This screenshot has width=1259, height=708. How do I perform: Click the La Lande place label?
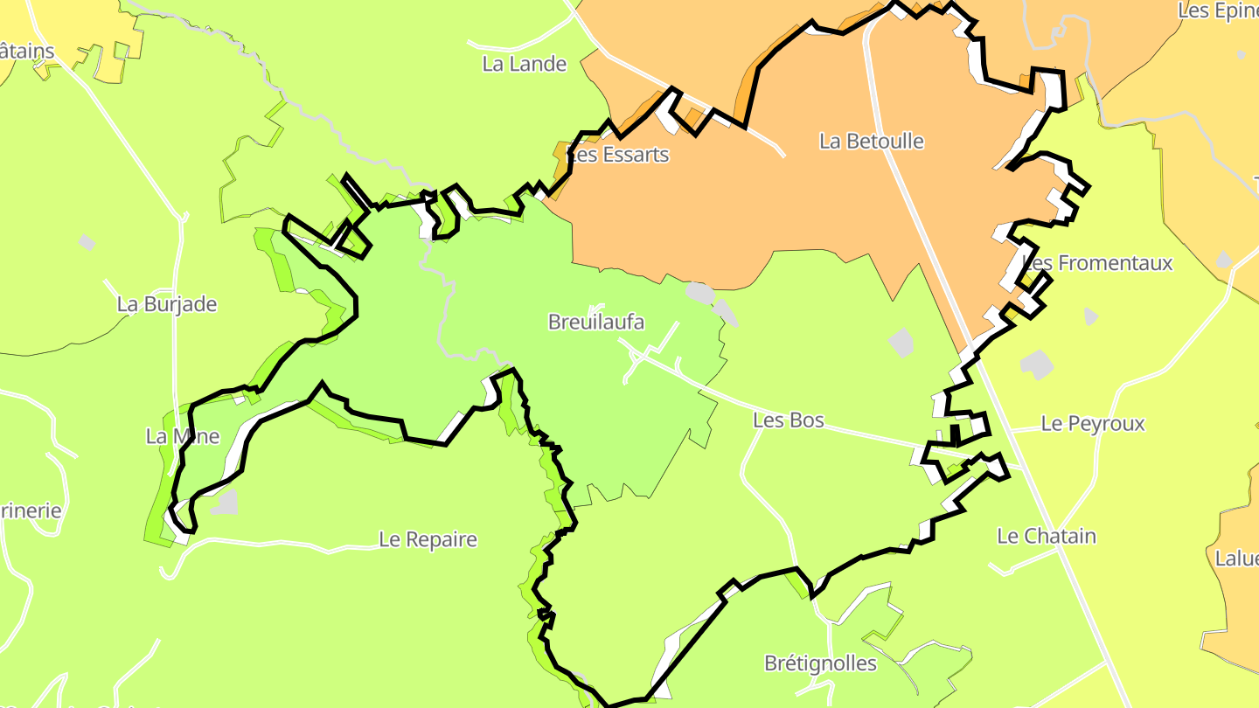(525, 64)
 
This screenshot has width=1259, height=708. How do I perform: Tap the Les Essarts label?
(618, 155)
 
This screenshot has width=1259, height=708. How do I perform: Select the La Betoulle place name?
(871, 141)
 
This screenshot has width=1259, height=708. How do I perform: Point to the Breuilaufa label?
(596, 322)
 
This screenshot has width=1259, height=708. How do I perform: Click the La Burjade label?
(167, 304)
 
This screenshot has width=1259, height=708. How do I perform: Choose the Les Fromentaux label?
(1097, 262)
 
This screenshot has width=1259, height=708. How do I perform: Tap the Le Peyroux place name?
(1093, 424)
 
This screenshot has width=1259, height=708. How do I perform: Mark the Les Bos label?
(789, 420)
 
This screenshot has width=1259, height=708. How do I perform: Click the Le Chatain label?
(1047, 536)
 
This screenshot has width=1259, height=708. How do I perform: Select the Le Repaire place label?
(428, 539)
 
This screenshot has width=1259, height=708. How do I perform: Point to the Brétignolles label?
(820, 663)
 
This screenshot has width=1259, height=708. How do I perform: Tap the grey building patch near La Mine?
(225, 502)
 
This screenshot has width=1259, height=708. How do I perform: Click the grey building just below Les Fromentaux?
(1090, 316)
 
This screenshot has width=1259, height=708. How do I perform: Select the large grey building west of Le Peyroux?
(1037, 364)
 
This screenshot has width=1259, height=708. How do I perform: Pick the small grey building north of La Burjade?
(87, 242)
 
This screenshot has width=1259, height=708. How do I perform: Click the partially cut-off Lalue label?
(1236, 559)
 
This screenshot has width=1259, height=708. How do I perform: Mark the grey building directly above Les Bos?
(901, 342)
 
